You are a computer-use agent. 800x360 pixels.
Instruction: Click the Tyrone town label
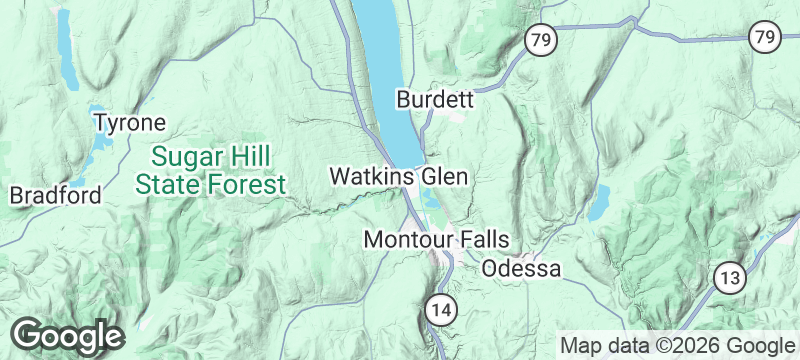click(129, 123)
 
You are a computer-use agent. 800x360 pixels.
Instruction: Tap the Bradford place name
click(55, 195)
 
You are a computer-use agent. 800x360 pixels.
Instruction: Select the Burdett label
click(434, 100)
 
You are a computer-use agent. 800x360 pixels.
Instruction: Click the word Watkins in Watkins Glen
click(372, 177)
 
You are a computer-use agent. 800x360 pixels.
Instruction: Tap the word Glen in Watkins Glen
click(444, 177)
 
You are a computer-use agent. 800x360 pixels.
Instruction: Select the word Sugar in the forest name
click(180, 157)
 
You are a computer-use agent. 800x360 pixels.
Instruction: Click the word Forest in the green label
click(251, 184)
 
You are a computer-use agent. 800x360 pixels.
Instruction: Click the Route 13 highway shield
click(729, 278)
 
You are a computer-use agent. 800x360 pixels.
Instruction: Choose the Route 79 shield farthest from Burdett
click(764, 37)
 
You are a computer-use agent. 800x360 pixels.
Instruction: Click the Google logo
click(67, 335)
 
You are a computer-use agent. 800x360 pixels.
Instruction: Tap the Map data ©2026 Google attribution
click(675, 345)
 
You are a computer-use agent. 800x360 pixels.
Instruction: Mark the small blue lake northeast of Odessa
click(599, 204)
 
